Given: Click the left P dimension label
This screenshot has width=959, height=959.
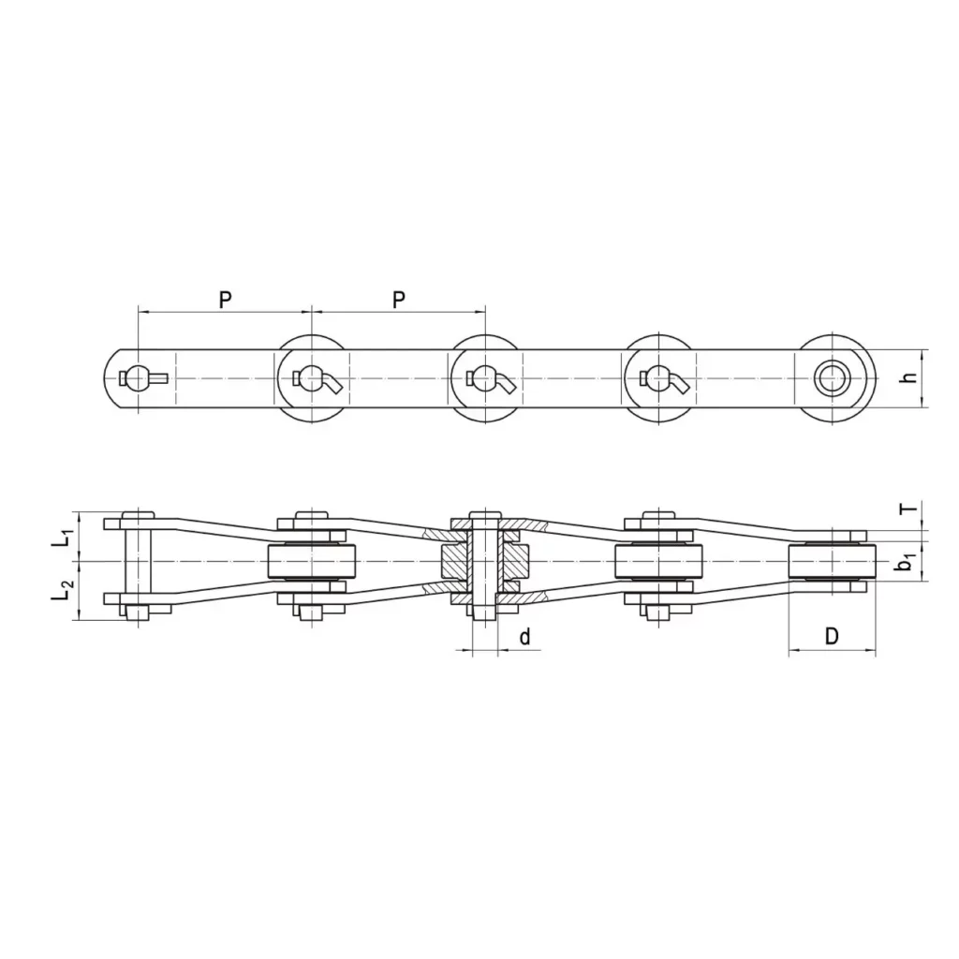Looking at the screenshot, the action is [226, 300].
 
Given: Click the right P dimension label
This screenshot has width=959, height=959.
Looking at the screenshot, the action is [399, 300].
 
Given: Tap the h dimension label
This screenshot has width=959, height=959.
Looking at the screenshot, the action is [910, 378].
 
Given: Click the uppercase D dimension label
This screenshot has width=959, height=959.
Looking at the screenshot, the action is [832, 636].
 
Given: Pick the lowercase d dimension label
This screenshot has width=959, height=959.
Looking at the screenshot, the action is [524, 637].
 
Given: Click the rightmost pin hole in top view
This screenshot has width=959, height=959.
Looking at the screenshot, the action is [832, 378].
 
